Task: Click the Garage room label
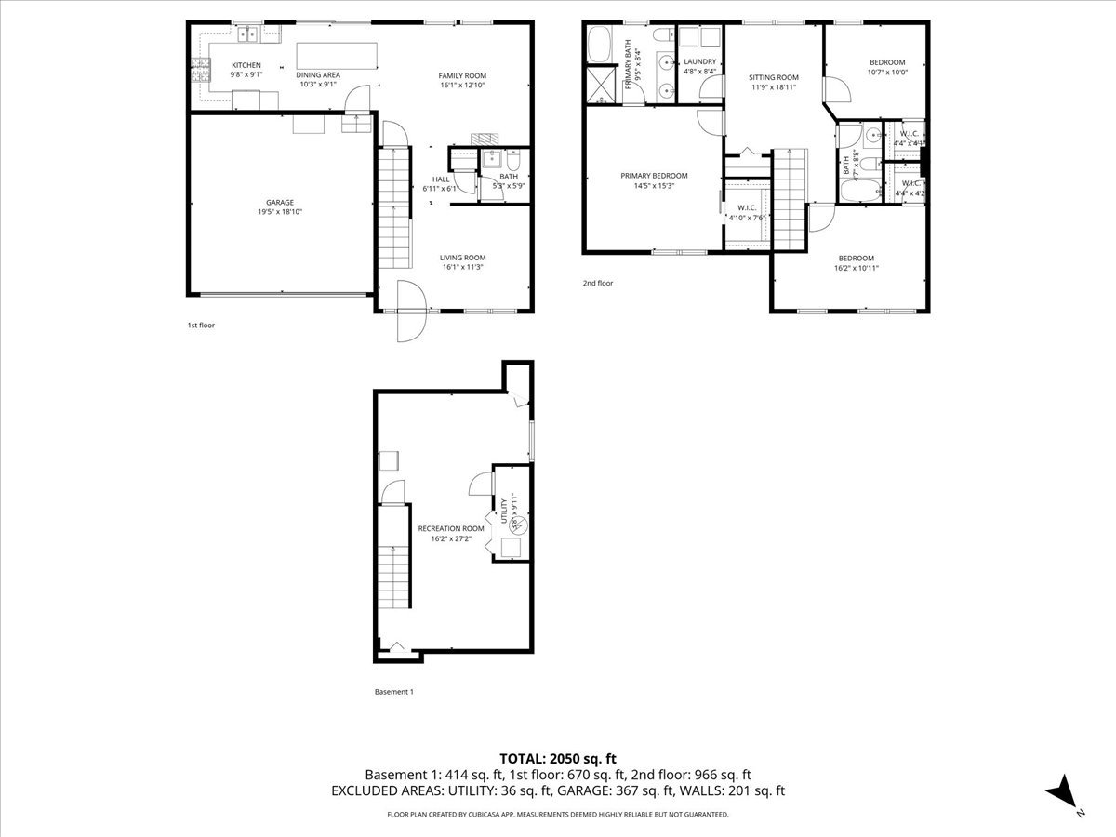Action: click(x=280, y=202)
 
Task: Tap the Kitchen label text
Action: click(x=246, y=65)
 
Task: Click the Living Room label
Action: click(x=462, y=258)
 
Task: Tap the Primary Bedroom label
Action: click(x=654, y=176)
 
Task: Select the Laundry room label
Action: click(x=699, y=61)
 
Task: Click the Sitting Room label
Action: click(x=775, y=77)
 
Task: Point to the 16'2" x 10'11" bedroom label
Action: click(x=857, y=258)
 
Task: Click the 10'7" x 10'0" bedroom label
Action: click(x=886, y=62)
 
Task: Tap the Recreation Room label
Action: click(x=450, y=528)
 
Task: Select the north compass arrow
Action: click(x=1063, y=793)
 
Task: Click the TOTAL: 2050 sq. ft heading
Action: click(x=558, y=758)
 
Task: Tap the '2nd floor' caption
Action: click(x=598, y=283)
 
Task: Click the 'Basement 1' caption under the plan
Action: click(x=393, y=692)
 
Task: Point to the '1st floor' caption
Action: click(x=201, y=325)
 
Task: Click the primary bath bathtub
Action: click(x=599, y=44)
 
